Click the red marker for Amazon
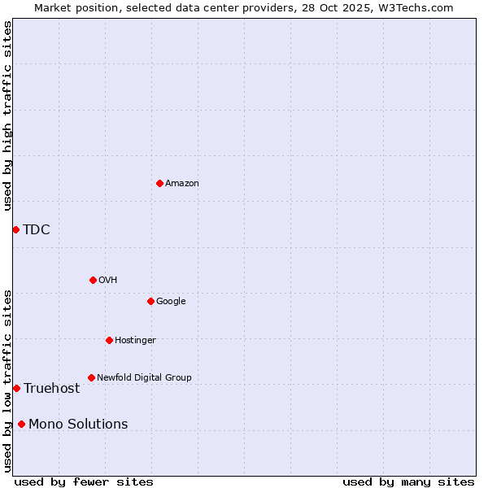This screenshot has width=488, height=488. pyautogui.click(x=159, y=183)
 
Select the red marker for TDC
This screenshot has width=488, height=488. pyautogui.click(x=15, y=229)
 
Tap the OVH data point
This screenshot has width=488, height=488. pyautogui.click(x=93, y=280)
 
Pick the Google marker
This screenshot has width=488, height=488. pyautogui.click(x=150, y=301)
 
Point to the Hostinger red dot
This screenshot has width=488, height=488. pyautogui.click(x=109, y=340)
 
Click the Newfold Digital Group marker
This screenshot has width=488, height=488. pyautogui.click(x=91, y=377)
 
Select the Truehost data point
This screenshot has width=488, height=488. pyautogui.click(x=16, y=388)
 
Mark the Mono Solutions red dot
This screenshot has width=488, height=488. pyautogui.click(x=21, y=424)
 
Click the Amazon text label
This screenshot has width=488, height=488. pyautogui.click(x=182, y=183)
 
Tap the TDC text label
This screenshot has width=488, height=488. pyautogui.click(x=37, y=229)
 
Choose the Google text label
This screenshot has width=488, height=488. pyautogui.click(x=171, y=301)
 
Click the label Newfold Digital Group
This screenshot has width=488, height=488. pyautogui.click(x=144, y=377)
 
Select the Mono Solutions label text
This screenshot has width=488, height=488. pyautogui.click(x=78, y=424)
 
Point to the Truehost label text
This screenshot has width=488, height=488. pyautogui.click(x=52, y=388)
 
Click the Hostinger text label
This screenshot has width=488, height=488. pyautogui.click(x=135, y=340)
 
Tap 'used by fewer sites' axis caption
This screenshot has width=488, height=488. pyautogui.click(x=84, y=481)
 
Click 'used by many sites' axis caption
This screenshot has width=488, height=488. pyautogui.click(x=408, y=481)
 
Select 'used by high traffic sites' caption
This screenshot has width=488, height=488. pyautogui.click(x=7, y=116)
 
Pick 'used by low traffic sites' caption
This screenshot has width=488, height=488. pyautogui.click(x=7, y=381)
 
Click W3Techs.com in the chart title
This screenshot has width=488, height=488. pyautogui.click(x=420, y=7)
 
